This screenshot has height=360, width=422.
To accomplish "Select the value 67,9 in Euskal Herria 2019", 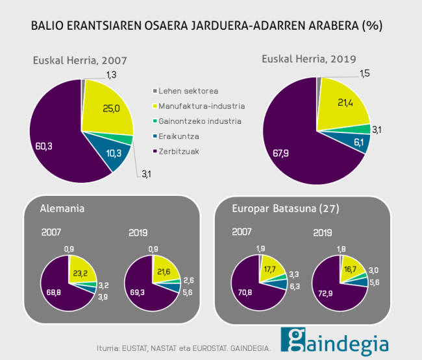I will pos(281,153).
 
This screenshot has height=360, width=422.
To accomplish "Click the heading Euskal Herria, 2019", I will pos(309,59).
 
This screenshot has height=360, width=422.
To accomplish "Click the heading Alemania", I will pos(62,209).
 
